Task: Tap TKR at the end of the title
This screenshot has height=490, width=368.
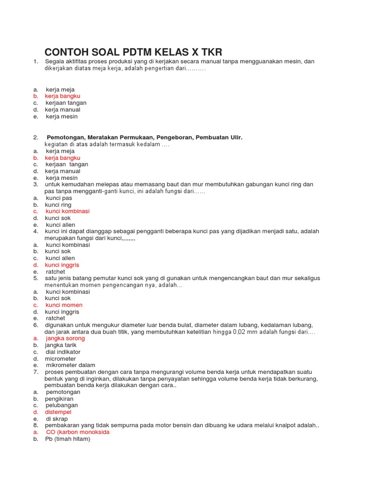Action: (x=209, y=52)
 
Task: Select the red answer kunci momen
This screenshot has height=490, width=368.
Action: (x=64, y=305)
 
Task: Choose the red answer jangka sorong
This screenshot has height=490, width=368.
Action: (x=65, y=338)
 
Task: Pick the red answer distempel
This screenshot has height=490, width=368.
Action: (x=58, y=412)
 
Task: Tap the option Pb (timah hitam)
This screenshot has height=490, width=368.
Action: (x=68, y=439)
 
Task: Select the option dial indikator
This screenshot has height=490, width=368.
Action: (x=63, y=352)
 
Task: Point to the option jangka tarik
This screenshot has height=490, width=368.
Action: (x=60, y=345)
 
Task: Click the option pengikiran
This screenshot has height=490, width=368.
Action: (x=59, y=399)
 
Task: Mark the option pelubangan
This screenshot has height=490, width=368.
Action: (x=61, y=405)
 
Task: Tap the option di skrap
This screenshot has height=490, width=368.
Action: (x=55, y=419)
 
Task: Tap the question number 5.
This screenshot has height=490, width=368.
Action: (x=35, y=278)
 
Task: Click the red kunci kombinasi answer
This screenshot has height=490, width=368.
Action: (x=68, y=211)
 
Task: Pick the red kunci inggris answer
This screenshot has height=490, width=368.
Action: (x=62, y=265)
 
